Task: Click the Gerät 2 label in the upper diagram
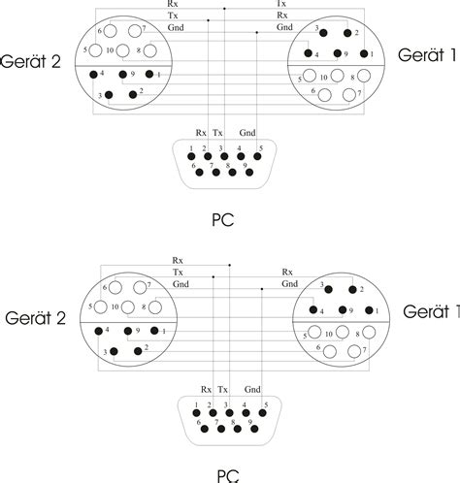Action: pyautogui.click(x=31, y=61)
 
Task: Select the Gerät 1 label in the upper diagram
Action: pyautogui.click(x=427, y=55)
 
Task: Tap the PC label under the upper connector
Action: pyautogui.click(x=222, y=220)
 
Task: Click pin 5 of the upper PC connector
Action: pyautogui.click(x=257, y=156)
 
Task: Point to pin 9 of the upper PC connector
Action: pyautogui.click(x=249, y=173)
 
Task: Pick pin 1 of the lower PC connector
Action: pyautogui.click(x=196, y=413)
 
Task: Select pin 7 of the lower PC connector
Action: pyautogui.click(x=221, y=429)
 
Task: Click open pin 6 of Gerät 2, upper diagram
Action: pyautogui.click(x=111, y=31)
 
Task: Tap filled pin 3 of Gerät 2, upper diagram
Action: pyautogui.click(x=109, y=95)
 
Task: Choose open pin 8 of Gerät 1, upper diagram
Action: pyautogui.click(x=364, y=76)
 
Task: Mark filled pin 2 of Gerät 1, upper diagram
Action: pyautogui.click(x=347, y=33)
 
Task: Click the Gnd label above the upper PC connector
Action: pyautogui.click(x=247, y=133)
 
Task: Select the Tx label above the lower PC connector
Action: pyautogui.click(x=222, y=390)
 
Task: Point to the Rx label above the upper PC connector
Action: pyautogui.click(x=201, y=133)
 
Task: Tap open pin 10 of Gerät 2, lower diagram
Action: pyautogui.click(x=128, y=307)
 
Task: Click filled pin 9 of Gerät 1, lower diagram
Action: pyautogui.click(x=343, y=310)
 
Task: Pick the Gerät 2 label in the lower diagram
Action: pyautogui.click(x=36, y=318)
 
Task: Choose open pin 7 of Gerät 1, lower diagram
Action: pyautogui.click(x=354, y=351)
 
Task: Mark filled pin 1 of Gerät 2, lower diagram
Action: pyautogui.click(x=154, y=331)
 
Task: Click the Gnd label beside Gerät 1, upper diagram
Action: pyautogui.click(x=284, y=27)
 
